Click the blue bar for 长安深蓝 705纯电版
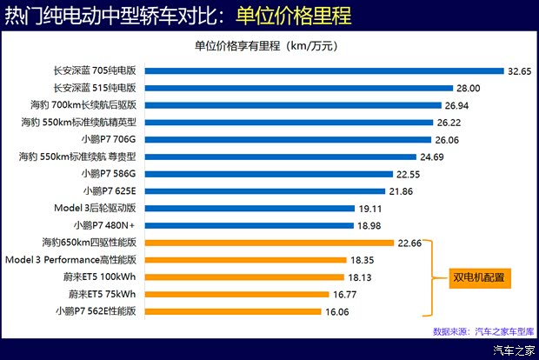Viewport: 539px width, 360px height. [325, 71]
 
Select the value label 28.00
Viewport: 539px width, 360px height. [469, 88]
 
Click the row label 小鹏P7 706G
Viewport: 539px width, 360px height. [110, 139]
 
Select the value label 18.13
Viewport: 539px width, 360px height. [360, 277]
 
